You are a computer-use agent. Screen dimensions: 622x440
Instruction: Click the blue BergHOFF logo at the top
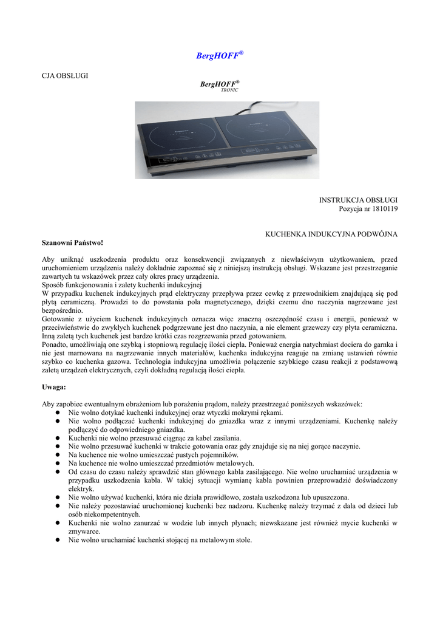(220, 55)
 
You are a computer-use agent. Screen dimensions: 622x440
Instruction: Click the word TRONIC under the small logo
(229, 90)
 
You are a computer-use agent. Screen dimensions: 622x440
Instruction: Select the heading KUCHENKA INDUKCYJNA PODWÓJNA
(332, 234)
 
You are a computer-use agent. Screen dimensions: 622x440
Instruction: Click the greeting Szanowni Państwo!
(69, 242)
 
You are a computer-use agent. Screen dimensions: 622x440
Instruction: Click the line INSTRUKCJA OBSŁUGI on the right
(358, 200)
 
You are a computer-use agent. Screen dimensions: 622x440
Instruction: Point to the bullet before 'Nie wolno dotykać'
(56, 412)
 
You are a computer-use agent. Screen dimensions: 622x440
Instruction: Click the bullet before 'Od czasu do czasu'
(56, 472)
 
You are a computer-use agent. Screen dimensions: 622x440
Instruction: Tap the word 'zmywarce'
(82, 531)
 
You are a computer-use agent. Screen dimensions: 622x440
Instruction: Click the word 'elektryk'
(81, 488)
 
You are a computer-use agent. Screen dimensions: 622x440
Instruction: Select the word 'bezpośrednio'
(62, 310)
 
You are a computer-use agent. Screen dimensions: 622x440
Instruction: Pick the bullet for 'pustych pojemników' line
(56, 455)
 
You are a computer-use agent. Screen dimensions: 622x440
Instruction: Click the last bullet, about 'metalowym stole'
(56, 540)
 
